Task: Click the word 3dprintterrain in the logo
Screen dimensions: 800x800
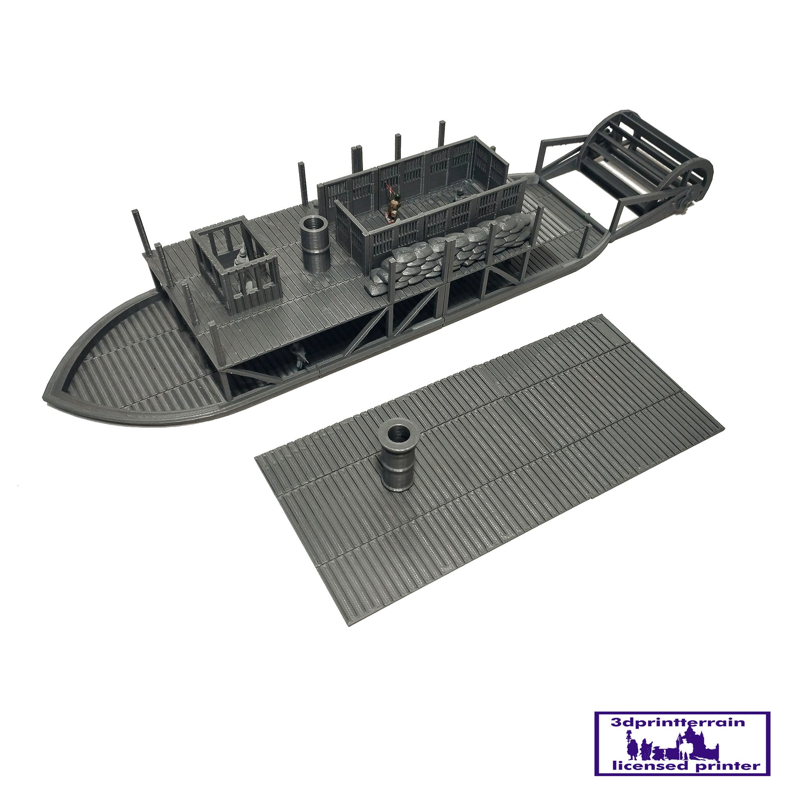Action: (x=678, y=723)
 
